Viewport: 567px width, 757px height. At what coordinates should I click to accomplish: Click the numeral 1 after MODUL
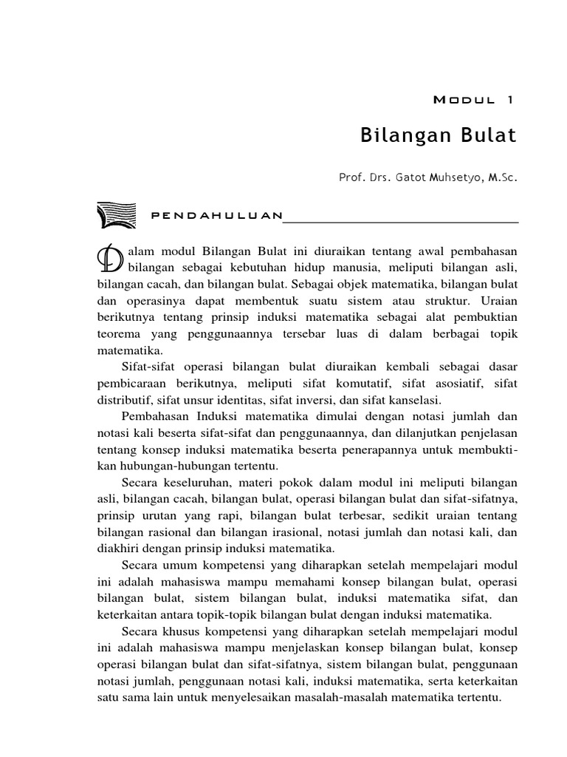point(509,98)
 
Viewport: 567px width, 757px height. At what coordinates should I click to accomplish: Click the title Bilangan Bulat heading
point(438,136)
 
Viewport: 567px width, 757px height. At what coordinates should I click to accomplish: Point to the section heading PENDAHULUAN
point(216,216)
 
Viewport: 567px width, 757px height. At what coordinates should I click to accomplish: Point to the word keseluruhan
point(190,482)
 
